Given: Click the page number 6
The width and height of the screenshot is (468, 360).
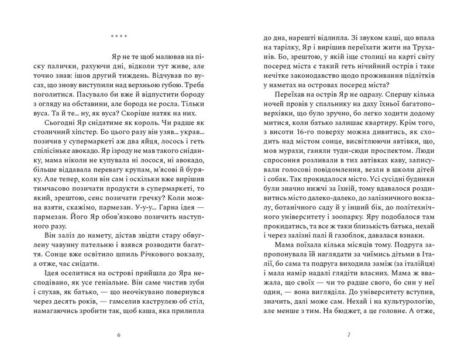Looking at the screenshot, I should point(118,335).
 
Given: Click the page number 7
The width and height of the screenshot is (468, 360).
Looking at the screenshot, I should point(349,335).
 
